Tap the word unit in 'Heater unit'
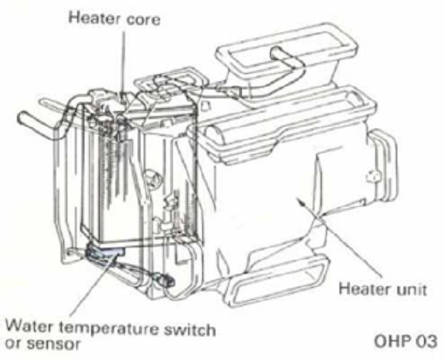tap(408, 289)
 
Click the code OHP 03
tap(406, 341)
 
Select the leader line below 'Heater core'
tap(124, 61)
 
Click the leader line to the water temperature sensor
tap(92, 286)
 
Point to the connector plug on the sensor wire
tap(165, 279)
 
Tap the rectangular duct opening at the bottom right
tap(279, 279)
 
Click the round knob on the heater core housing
tap(152, 180)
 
